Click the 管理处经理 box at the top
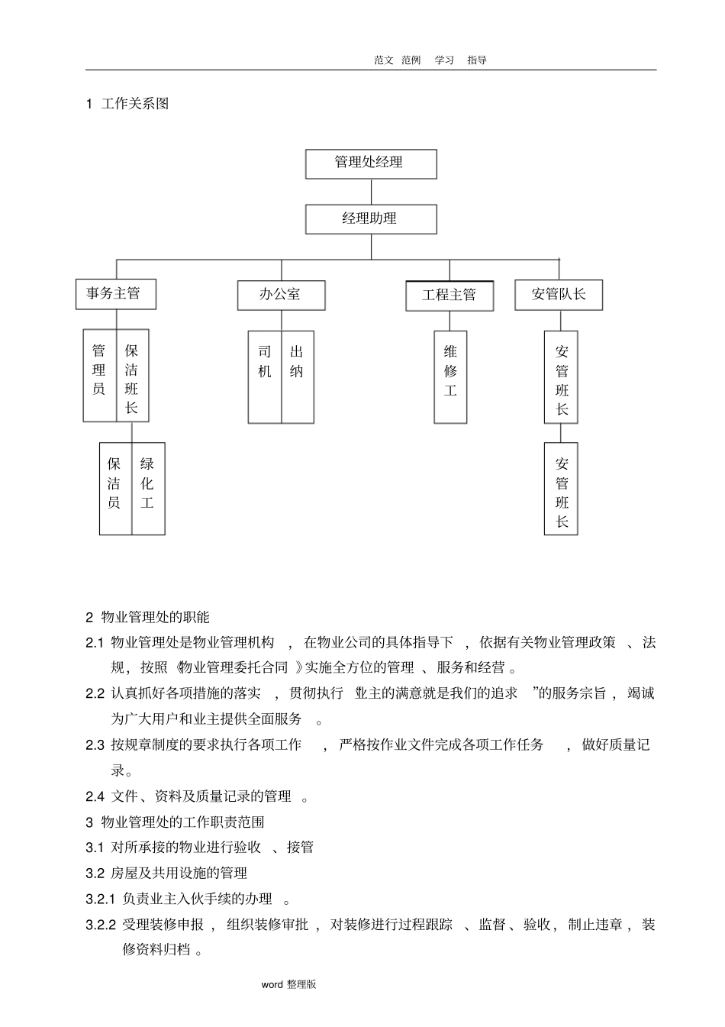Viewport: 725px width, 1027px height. coord(371,163)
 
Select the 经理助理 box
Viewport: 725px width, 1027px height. coord(371,219)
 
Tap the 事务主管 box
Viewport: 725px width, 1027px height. coord(115,294)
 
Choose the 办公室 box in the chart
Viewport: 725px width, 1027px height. coord(281,295)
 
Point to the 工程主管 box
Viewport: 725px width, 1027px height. coord(449,296)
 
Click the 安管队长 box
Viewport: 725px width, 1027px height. coord(559,295)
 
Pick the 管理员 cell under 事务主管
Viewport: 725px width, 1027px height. coord(99,374)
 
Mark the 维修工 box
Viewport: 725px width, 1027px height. coord(450,376)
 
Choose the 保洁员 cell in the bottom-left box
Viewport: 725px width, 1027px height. coord(114,487)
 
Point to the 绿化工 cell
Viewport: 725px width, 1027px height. coord(147,487)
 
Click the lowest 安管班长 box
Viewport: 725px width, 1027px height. coord(561,489)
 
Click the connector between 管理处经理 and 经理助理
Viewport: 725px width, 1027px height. coord(371,192)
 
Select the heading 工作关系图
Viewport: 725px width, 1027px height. coord(135,104)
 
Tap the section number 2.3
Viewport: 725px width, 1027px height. coord(95,745)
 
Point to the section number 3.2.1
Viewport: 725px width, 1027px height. coord(100,899)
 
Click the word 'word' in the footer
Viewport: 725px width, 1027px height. coord(272,985)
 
